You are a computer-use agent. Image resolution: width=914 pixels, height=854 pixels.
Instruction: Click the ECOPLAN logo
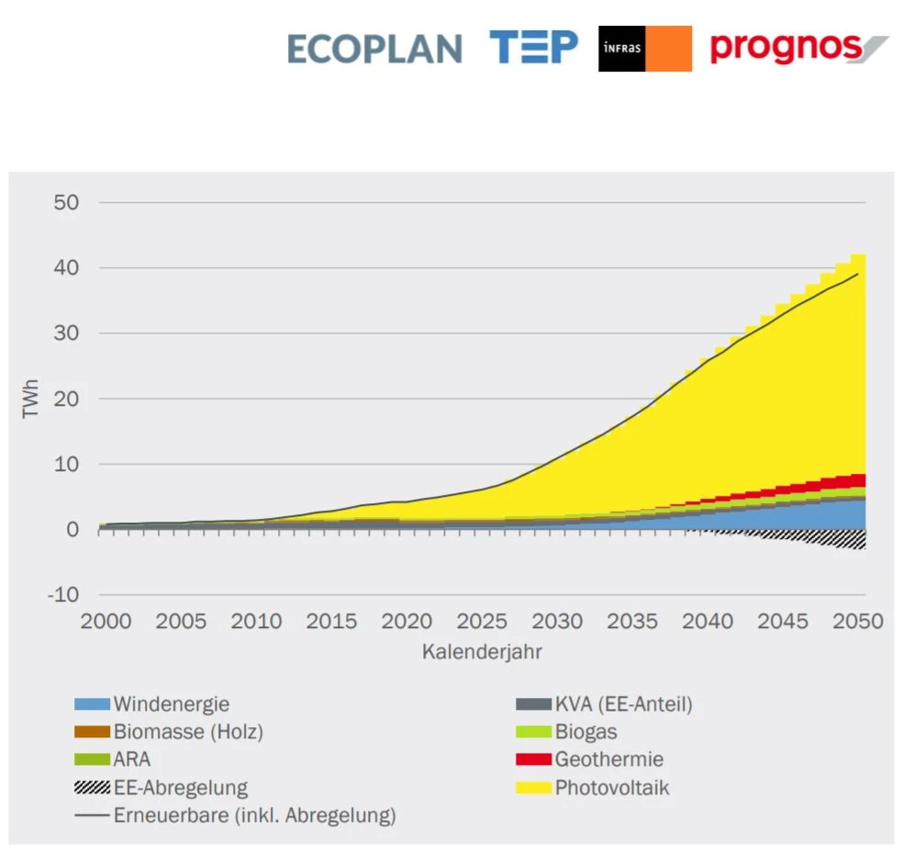click(373, 49)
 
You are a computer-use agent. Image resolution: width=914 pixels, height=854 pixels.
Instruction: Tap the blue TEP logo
click(533, 47)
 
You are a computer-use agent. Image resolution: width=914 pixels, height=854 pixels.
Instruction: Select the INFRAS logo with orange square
click(644, 49)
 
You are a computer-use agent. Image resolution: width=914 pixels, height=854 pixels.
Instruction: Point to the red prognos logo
click(798, 47)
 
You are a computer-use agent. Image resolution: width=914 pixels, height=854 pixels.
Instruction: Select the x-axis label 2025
click(482, 622)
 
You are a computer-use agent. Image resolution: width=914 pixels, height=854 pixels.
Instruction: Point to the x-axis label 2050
click(858, 622)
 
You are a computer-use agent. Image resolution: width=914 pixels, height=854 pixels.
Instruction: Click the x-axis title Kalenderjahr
click(482, 652)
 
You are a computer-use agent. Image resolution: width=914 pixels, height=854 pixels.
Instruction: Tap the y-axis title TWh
click(31, 399)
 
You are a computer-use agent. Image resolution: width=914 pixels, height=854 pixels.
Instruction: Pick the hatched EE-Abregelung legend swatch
click(92, 788)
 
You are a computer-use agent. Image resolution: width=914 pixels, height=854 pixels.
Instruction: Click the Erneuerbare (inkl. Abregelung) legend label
click(254, 815)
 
